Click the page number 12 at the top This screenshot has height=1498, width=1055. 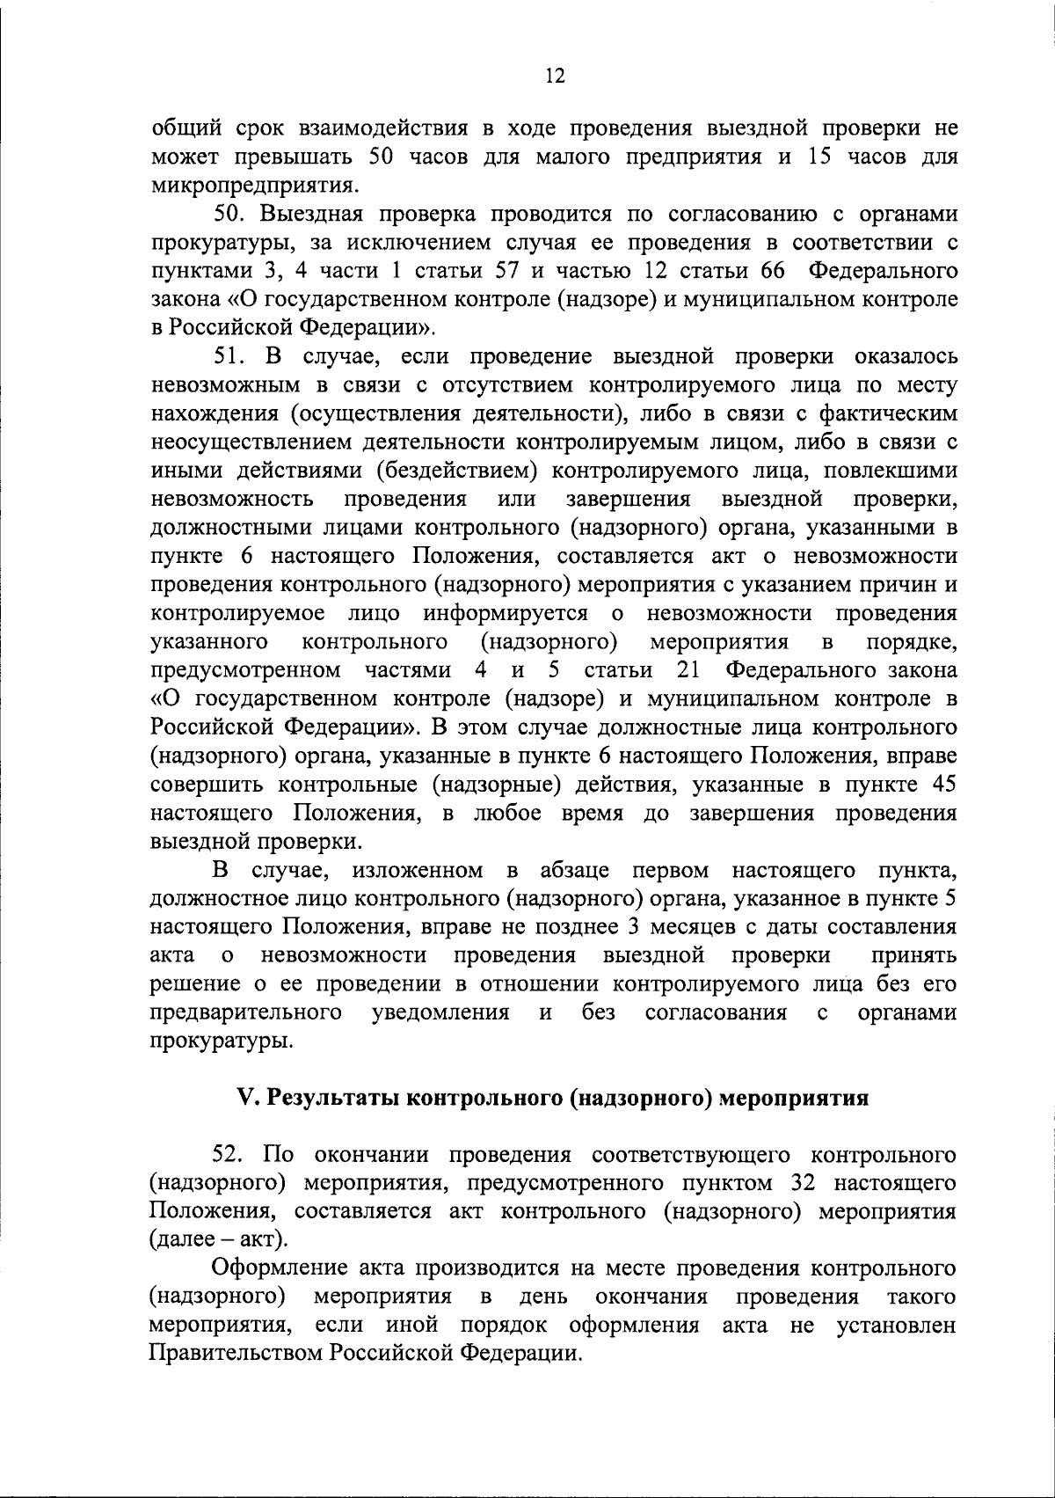pyautogui.click(x=554, y=76)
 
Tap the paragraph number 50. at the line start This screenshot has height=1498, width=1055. pyautogui.click(x=232, y=215)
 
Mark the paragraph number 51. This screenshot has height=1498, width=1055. pyautogui.click(x=232, y=357)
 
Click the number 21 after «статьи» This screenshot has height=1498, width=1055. pyautogui.click(x=689, y=671)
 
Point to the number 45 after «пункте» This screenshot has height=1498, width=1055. pyautogui.click(x=942, y=785)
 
